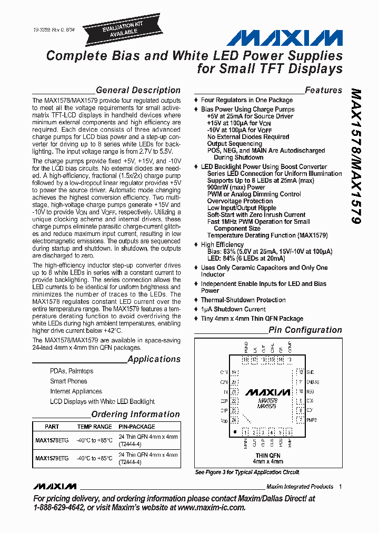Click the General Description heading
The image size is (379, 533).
pyautogui.click(x=138, y=90)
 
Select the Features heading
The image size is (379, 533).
pyautogui.click(x=323, y=90)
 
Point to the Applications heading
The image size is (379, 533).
pyautogui.click(x=154, y=359)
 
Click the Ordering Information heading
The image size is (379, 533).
pyautogui.click(x=136, y=414)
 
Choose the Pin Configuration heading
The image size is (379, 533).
pyautogui.click(x=305, y=330)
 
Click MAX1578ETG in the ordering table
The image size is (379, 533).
pyautogui.click(x=52, y=440)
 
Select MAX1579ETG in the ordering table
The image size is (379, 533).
pyautogui.click(x=52, y=458)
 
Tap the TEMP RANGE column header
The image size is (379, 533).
pyautogui.click(x=95, y=427)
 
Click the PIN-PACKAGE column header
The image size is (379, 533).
pyautogui.click(x=137, y=427)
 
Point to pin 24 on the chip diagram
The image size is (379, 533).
pyautogui.click(x=234, y=420)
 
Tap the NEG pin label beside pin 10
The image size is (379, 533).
pyautogui.click(x=310, y=391)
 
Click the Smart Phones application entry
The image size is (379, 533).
pyautogui.click(x=68, y=381)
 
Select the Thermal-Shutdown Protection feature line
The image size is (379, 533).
pyautogui.click(x=243, y=300)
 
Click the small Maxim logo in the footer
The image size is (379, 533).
pyautogui.click(x=54, y=486)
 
